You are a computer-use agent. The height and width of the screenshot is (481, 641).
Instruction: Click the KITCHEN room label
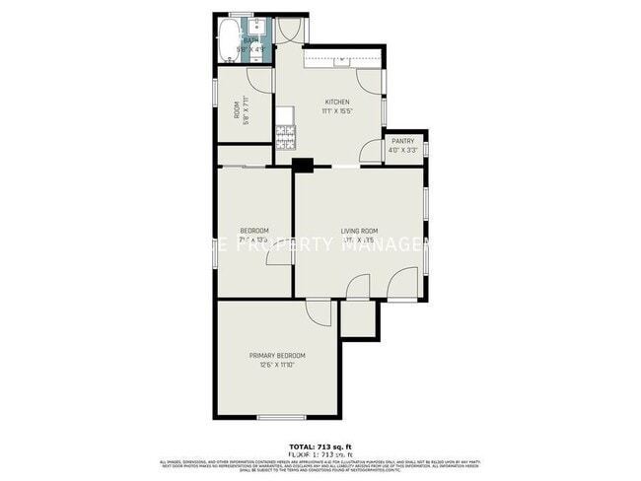(x=338, y=102)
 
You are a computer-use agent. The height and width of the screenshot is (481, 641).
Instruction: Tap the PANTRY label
(x=402, y=141)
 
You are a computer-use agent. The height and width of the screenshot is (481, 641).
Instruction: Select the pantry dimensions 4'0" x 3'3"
(x=402, y=151)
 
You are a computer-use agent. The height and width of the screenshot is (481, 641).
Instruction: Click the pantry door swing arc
(x=372, y=151)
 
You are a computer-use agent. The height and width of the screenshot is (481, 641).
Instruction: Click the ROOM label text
(x=236, y=111)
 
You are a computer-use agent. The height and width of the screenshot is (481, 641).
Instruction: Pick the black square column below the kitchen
(x=303, y=166)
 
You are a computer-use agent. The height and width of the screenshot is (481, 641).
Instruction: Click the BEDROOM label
(x=254, y=231)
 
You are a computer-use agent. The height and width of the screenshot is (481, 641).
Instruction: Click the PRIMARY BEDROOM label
(x=276, y=356)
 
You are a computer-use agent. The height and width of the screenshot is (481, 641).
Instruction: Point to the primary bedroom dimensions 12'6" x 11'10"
(x=276, y=366)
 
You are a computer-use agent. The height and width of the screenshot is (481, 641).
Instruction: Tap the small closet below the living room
(x=358, y=317)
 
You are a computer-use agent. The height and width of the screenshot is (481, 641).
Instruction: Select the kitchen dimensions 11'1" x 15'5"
(x=338, y=111)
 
